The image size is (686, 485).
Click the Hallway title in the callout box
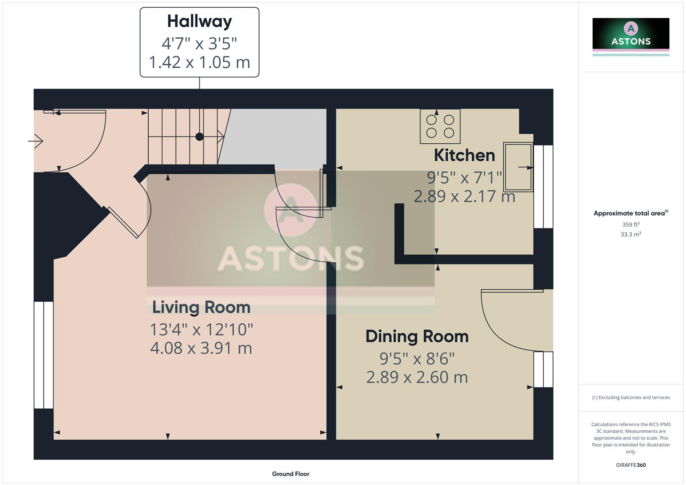point(199,21)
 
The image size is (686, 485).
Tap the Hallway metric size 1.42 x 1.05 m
point(199,62)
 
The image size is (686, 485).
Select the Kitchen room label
point(464,155)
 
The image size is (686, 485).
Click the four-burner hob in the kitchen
point(440,126)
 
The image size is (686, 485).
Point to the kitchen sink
point(518,167)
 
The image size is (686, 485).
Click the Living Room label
point(201,307)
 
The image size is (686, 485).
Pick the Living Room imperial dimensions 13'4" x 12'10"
point(201,329)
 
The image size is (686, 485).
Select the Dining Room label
point(417,336)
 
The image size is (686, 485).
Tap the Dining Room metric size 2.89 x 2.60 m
point(417,377)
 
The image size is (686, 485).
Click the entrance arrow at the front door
point(35,141)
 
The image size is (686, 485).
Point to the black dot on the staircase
point(199,137)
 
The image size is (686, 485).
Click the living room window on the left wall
point(44,355)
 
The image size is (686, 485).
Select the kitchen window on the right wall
point(543,186)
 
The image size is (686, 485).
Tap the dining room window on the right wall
point(543,369)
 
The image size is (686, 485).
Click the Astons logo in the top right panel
point(631,36)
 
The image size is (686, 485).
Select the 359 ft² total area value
point(631,225)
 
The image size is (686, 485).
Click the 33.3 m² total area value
point(631,234)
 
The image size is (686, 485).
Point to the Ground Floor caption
point(291,474)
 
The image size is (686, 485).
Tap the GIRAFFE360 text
point(631,465)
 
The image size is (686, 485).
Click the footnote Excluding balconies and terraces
point(631,397)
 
